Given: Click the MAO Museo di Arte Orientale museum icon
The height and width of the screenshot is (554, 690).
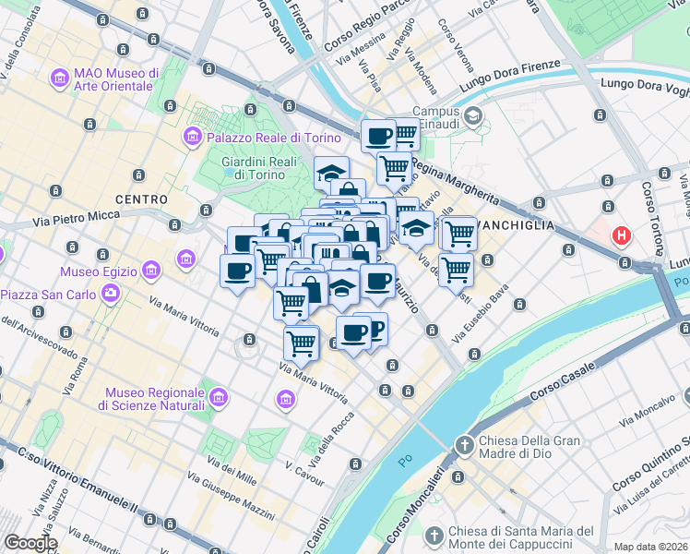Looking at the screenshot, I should (62, 79).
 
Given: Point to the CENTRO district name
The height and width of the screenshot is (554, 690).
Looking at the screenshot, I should (141, 199).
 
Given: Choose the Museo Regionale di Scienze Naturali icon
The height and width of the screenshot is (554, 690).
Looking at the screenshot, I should (219, 398).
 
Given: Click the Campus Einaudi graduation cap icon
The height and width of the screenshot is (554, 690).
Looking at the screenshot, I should (473, 116).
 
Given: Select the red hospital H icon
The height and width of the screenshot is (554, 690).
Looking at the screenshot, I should (622, 235).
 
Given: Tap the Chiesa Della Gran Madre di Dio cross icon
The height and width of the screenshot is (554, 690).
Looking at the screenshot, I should (464, 447).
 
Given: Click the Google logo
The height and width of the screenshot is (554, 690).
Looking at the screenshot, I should (30, 543).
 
